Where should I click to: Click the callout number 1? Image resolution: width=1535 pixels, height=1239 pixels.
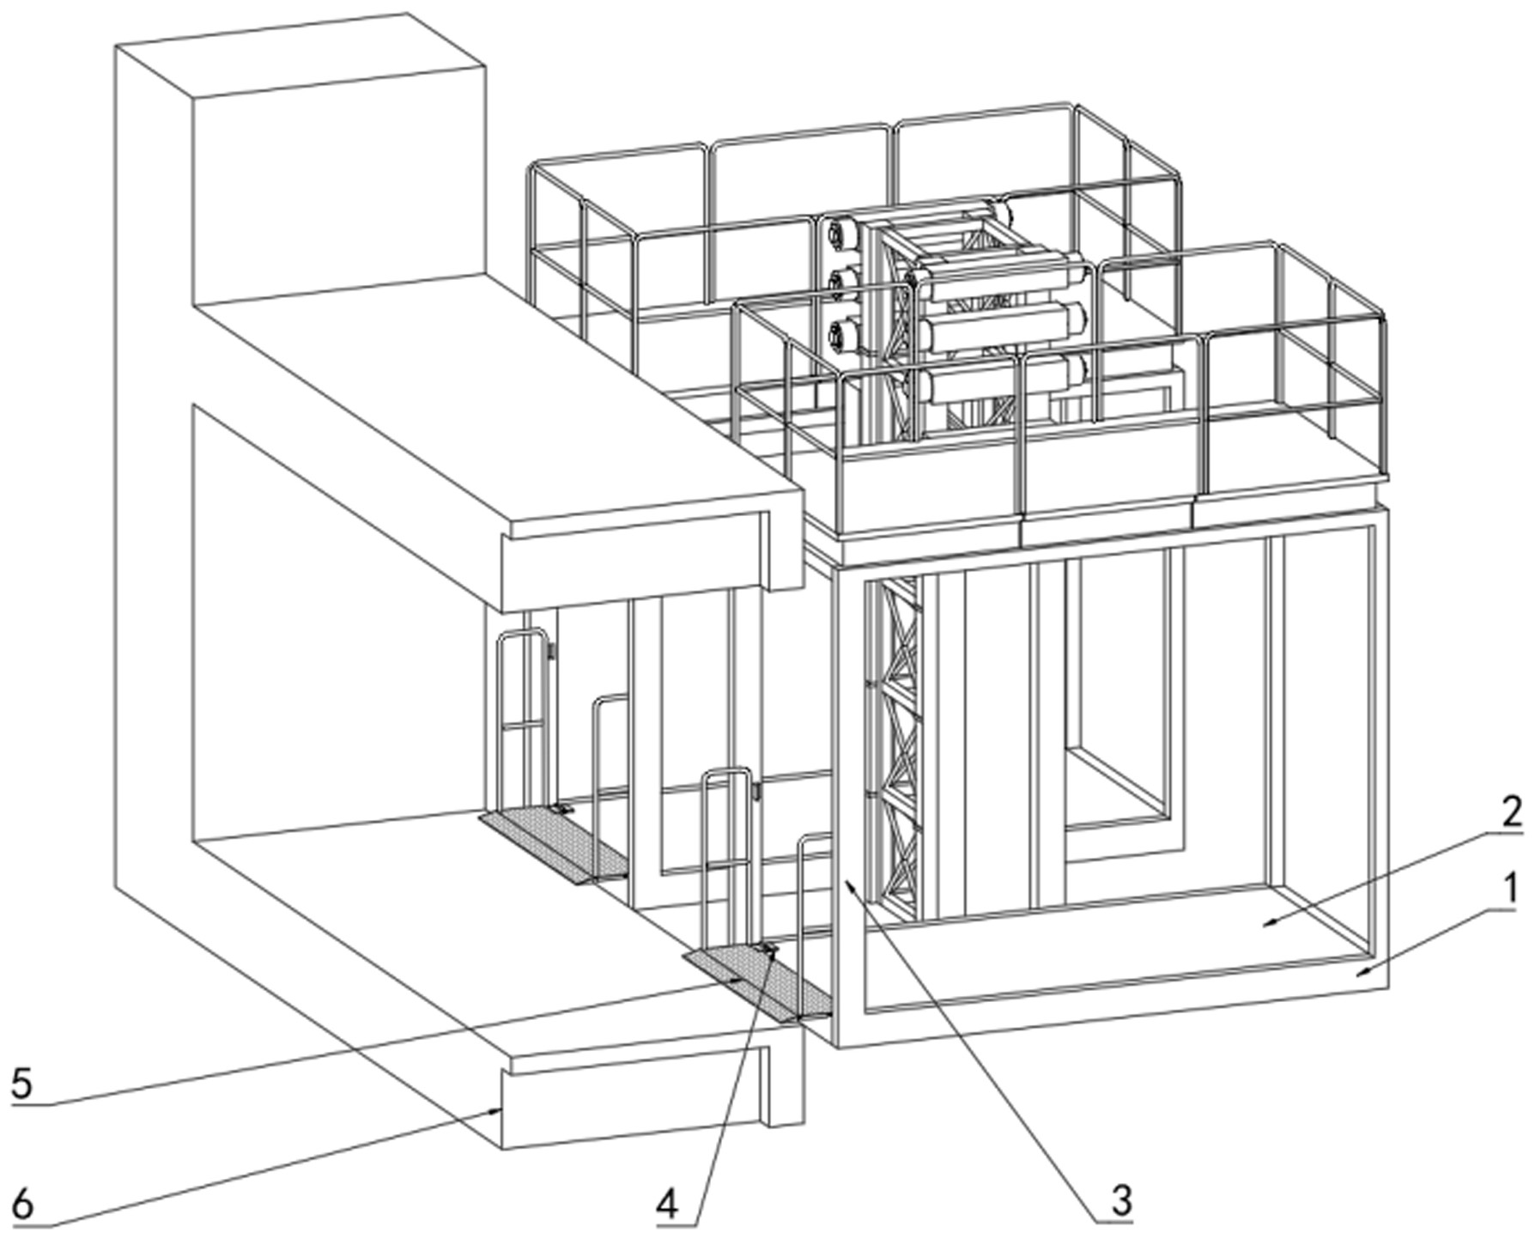point(1504,890)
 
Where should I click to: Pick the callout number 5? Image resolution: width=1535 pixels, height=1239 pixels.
point(21,1084)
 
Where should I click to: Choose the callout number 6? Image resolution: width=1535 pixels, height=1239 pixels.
point(21,1205)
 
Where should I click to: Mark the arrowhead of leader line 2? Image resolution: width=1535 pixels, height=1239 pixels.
point(1267,925)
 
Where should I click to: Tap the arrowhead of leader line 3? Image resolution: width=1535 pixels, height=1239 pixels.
point(846,880)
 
